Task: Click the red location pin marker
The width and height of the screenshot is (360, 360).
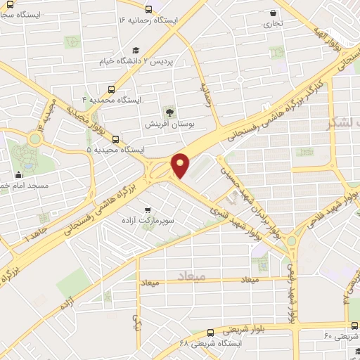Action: click(x=181, y=165)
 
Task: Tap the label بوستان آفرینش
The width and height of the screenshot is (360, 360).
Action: click(x=169, y=124)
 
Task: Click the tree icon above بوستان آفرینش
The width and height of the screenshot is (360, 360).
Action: click(x=169, y=112)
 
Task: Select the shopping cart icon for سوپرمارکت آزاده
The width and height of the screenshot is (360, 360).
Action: click(x=148, y=210)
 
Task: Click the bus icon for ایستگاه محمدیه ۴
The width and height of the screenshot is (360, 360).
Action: click(x=111, y=89)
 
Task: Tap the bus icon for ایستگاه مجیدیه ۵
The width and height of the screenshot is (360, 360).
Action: click(x=115, y=139)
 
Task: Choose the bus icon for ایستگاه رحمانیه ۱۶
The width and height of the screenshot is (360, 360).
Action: click(x=148, y=10)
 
